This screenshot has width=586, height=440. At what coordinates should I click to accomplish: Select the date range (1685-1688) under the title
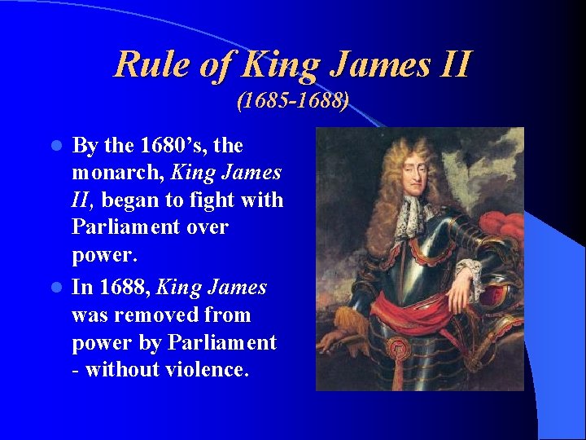click(x=293, y=102)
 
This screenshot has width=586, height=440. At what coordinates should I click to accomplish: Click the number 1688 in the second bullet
click(x=124, y=288)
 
